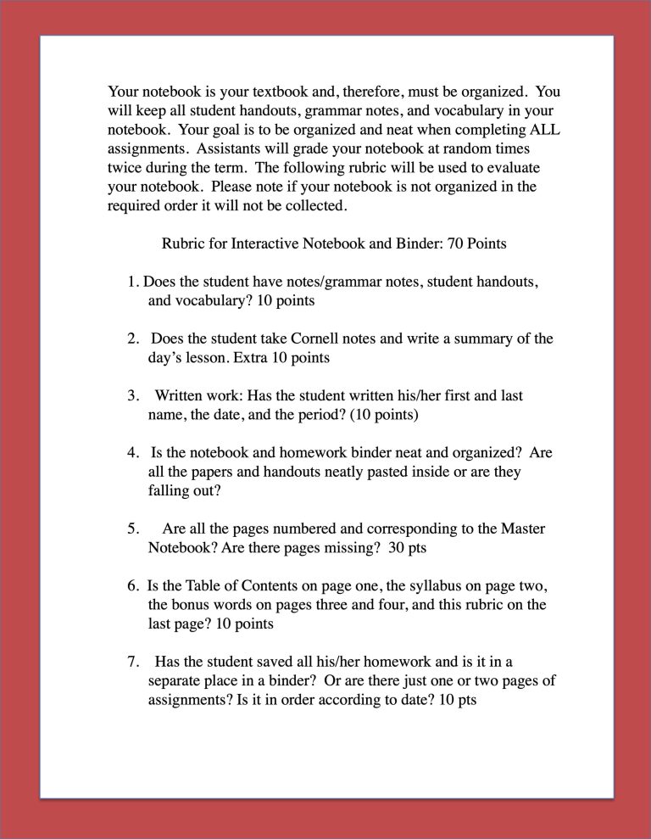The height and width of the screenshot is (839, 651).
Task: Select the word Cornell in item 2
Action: (316, 338)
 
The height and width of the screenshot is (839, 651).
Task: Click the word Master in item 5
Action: (523, 529)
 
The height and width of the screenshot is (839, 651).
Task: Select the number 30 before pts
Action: (397, 547)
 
